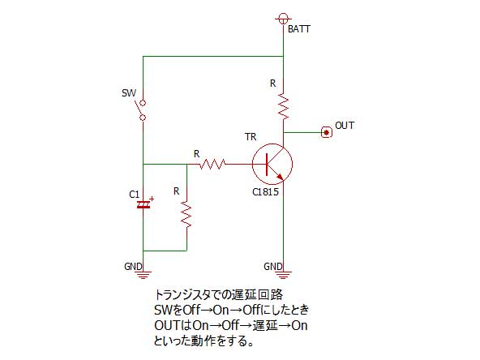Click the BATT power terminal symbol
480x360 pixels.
click(x=284, y=19)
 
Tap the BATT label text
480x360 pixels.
click(x=299, y=29)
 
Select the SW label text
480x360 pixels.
click(x=129, y=93)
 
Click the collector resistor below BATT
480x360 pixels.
click(x=284, y=106)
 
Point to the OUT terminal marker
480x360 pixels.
click(x=327, y=132)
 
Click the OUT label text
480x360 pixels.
click(x=345, y=126)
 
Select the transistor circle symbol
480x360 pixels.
click(x=272, y=164)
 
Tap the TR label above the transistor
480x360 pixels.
click(x=251, y=137)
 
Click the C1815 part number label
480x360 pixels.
click(x=265, y=192)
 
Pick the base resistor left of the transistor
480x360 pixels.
click(x=212, y=165)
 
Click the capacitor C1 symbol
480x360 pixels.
click(x=144, y=205)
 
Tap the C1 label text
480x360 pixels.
click(x=134, y=195)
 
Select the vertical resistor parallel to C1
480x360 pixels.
click(x=186, y=214)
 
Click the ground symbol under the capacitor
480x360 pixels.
click(x=144, y=275)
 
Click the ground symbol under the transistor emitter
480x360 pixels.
click(x=283, y=275)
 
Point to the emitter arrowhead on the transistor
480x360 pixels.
click(x=280, y=176)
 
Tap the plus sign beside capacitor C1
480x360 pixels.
click(x=152, y=199)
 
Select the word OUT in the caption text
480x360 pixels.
click(x=167, y=325)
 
